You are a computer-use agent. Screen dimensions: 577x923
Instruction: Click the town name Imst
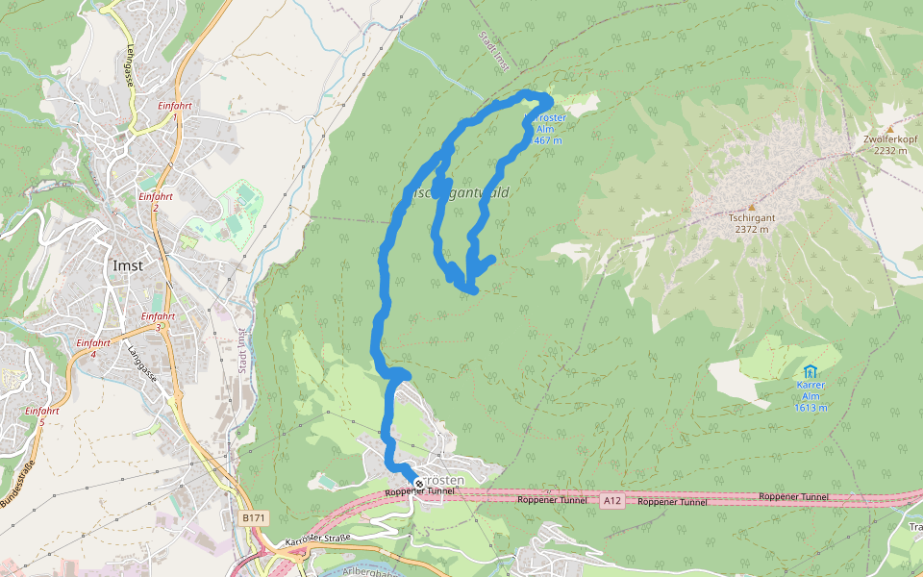coord(128,265)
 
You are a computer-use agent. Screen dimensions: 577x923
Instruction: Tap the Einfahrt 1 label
coord(173,111)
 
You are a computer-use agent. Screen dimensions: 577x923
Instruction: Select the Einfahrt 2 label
coord(155,201)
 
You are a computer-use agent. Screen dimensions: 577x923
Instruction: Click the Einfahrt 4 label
coord(93,348)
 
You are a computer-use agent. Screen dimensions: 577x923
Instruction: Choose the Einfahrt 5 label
coord(42,415)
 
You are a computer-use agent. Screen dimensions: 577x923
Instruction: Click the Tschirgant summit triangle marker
coord(751,207)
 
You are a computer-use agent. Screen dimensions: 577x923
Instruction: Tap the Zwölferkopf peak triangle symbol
coord(890,129)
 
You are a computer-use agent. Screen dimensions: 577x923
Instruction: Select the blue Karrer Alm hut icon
coord(811,371)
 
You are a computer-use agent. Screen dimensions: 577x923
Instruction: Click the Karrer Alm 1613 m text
coord(811,396)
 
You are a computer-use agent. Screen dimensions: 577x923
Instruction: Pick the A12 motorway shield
coord(612,501)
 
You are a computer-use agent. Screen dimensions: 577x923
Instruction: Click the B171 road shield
coord(253,518)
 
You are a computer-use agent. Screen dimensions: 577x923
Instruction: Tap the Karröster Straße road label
coord(317,543)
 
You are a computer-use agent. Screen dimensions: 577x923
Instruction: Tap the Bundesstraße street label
coord(17,486)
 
